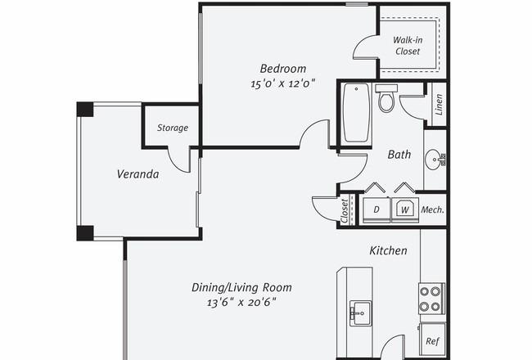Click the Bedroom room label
pos(283,69)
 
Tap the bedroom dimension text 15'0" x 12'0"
pos(283,83)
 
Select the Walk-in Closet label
pos(408,46)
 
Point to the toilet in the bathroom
pos(386,98)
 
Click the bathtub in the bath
pos(356,113)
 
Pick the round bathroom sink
pos(435,160)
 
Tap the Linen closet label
pos(439,105)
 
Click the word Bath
pos(399,155)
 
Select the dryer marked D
pos(376,209)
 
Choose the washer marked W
pos(405,209)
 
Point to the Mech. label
pos(433,209)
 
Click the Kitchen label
pos(388,250)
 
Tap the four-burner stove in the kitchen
pos(431,299)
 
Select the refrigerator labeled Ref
pos(433,340)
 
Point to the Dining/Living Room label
pos(241,288)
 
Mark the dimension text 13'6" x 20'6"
pos(241,302)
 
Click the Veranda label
pos(138,174)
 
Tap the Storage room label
pos(173,128)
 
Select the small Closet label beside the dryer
pos(345,211)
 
